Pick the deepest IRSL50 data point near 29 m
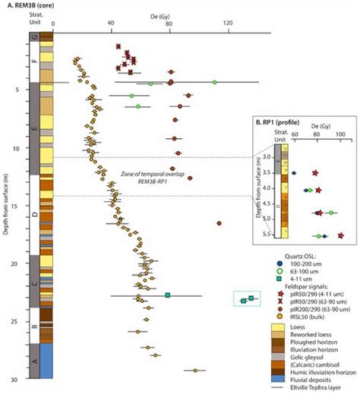(x=195, y=370)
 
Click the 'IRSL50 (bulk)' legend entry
(x=313, y=317)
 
